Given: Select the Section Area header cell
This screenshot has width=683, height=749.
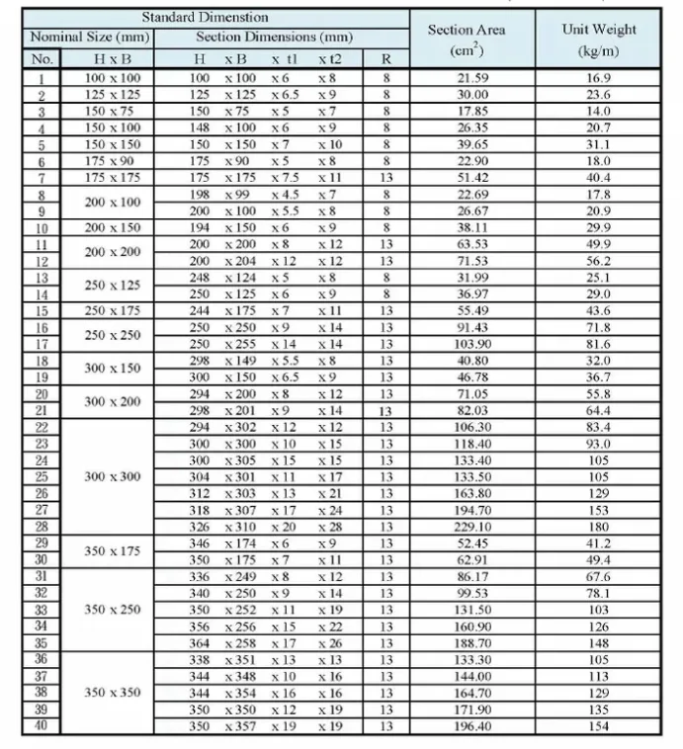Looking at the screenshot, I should click(x=471, y=39).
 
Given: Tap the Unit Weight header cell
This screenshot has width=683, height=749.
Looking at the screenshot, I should click(x=598, y=39).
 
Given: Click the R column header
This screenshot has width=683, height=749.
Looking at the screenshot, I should click(x=385, y=59).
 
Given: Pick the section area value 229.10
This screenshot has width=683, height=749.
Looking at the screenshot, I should click(x=472, y=528).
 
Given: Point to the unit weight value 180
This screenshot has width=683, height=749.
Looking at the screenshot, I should click(x=599, y=528).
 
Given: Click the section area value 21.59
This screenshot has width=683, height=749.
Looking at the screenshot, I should click(x=472, y=77).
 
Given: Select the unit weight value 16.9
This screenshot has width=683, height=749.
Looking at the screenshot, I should click(x=599, y=77).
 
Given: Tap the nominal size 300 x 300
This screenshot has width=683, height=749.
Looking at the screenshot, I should click(x=113, y=477).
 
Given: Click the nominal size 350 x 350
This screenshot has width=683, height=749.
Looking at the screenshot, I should click(x=113, y=693).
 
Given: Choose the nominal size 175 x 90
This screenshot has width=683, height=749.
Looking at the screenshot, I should click(x=113, y=161).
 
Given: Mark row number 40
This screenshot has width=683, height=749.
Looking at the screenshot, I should click(x=42, y=726).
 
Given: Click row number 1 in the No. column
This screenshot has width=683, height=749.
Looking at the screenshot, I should click(x=42, y=77).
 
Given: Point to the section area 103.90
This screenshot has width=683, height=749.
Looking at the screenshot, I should click(x=472, y=344).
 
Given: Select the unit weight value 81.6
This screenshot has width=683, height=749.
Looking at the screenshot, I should click(x=599, y=344).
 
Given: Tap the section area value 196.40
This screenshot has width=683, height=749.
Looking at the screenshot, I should click(x=472, y=726).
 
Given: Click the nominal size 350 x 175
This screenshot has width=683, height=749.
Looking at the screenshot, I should click(x=113, y=552).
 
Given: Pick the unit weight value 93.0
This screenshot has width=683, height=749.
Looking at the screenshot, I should click(x=599, y=444).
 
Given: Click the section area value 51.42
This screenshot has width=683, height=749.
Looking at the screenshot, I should click(x=472, y=178).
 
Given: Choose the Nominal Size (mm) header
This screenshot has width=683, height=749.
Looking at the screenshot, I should click(x=90, y=38).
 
